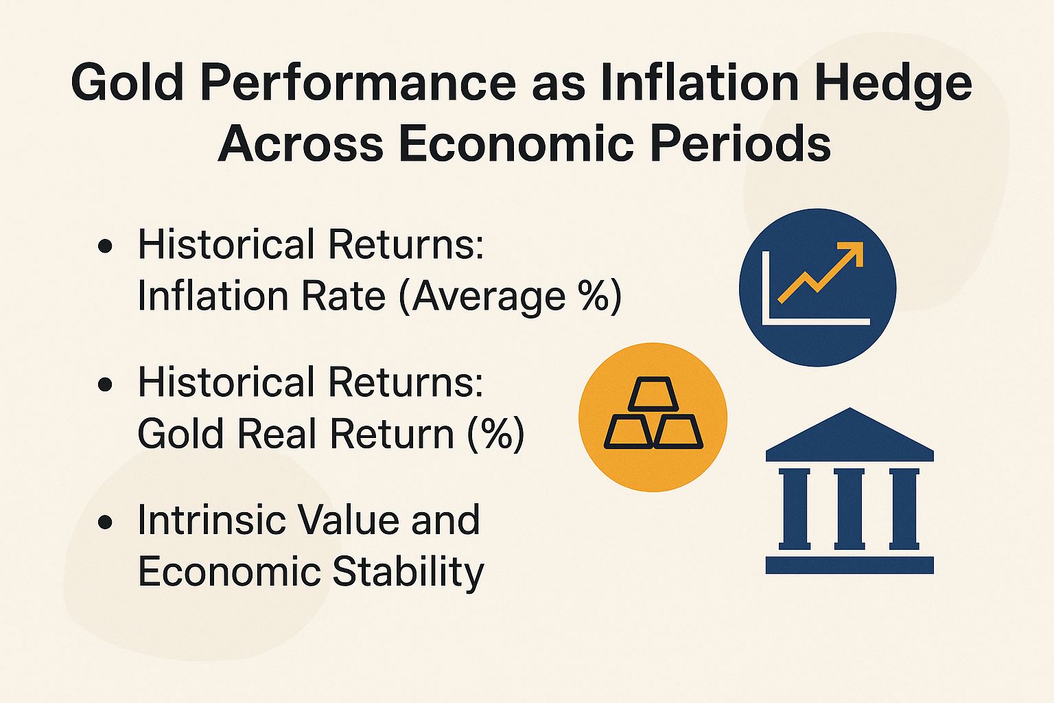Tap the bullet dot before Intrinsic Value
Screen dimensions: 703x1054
click(105, 522)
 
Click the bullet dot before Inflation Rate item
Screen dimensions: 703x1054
click(105, 246)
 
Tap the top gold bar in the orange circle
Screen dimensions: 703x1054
click(653, 394)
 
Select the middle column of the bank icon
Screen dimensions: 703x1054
click(850, 508)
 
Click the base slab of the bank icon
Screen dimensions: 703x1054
click(850, 565)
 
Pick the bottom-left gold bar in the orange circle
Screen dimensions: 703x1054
click(628, 433)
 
